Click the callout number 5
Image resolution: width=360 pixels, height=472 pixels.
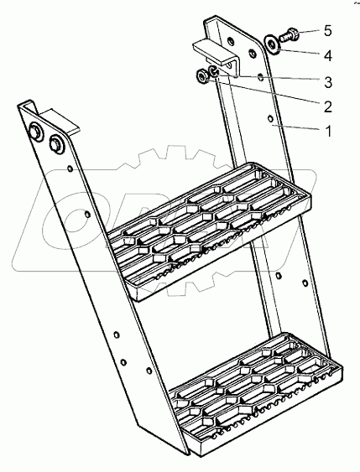(328, 31)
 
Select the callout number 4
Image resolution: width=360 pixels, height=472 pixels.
(328, 56)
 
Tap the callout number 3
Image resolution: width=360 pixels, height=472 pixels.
(328, 82)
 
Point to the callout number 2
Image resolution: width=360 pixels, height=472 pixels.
(328, 106)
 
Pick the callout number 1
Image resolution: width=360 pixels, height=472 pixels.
(328, 132)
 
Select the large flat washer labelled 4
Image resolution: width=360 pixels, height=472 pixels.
(273, 44)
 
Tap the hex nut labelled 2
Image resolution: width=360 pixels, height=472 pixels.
(201, 75)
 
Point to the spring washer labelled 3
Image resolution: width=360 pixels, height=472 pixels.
(214, 71)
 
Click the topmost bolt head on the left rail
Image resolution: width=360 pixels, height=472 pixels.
(35, 132)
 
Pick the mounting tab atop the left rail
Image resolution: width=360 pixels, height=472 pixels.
(60, 122)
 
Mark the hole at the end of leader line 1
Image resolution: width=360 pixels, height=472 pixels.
(270, 118)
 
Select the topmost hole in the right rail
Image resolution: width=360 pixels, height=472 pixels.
(230, 40)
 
